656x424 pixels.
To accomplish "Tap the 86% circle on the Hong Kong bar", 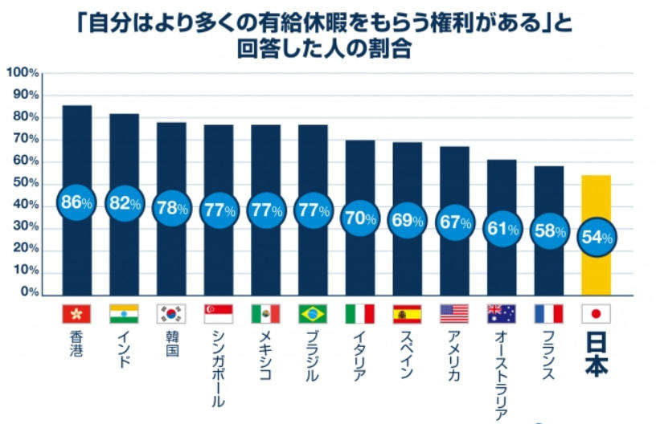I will click(x=77, y=202).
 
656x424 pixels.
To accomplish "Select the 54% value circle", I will click(x=596, y=237).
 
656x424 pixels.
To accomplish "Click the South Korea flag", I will click(x=171, y=313).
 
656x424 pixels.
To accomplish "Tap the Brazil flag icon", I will click(x=313, y=313).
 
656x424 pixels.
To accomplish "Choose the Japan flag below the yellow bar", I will click(x=596, y=313).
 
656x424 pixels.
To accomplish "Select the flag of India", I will click(x=124, y=313).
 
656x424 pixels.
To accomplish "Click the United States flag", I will click(x=454, y=313).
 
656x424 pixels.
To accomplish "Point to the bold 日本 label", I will click(x=596, y=354).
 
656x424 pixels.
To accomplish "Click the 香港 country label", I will click(x=76, y=344).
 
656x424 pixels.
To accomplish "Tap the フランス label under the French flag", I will click(x=548, y=354).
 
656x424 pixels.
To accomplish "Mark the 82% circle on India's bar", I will click(x=124, y=203).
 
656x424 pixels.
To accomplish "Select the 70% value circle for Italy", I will click(x=359, y=218).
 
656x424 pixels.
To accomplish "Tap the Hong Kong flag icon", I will click(x=76, y=313).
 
